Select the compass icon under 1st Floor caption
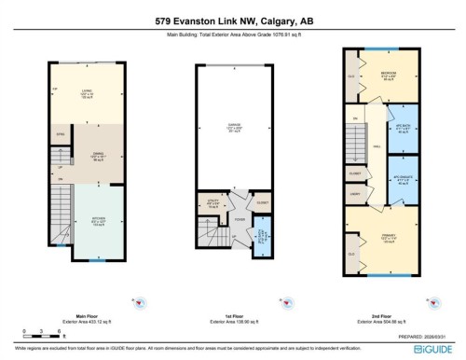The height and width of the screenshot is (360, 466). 281,301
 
